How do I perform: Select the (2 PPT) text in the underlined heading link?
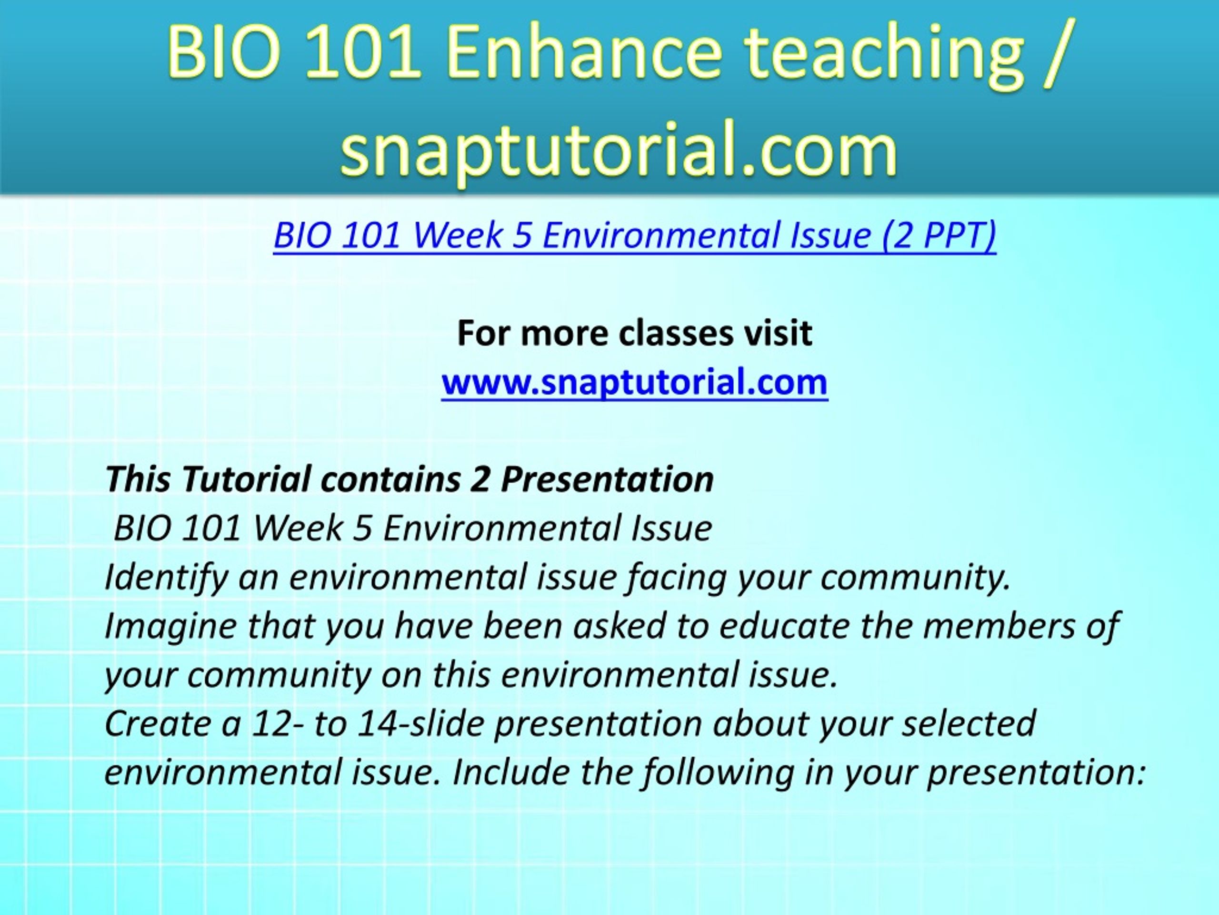[939, 236]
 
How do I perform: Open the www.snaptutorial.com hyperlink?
[634, 382]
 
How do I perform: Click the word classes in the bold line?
[676, 333]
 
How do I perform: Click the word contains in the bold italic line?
[391, 479]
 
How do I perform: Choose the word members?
[999, 627]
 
